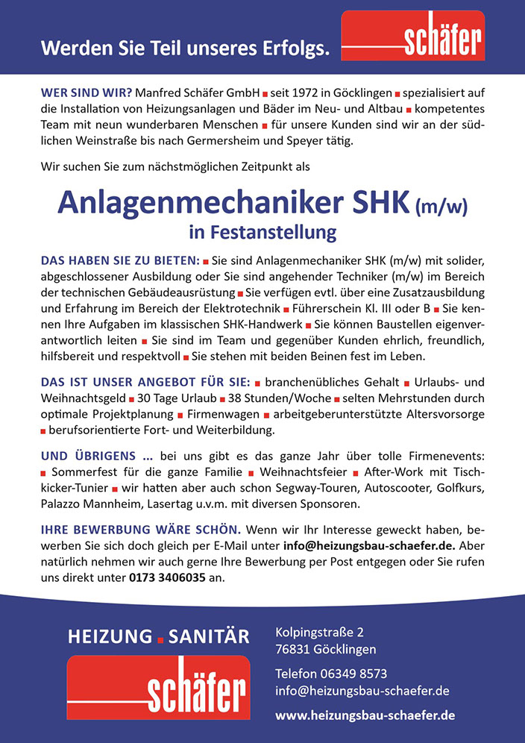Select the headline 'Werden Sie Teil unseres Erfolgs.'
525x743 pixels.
pyautogui.click(x=185, y=50)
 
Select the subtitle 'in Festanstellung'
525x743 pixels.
pyautogui.click(x=262, y=233)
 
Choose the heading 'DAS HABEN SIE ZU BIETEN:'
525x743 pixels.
pyautogui.click(x=119, y=260)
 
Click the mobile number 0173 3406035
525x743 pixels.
pyautogui.click(x=167, y=577)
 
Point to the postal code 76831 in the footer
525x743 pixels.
pyautogui.click(x=293, y=649)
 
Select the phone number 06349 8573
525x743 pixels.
pyautogui.click(x=353, y=674)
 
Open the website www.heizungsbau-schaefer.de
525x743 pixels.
pyautogui.click(x=365, y=715)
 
